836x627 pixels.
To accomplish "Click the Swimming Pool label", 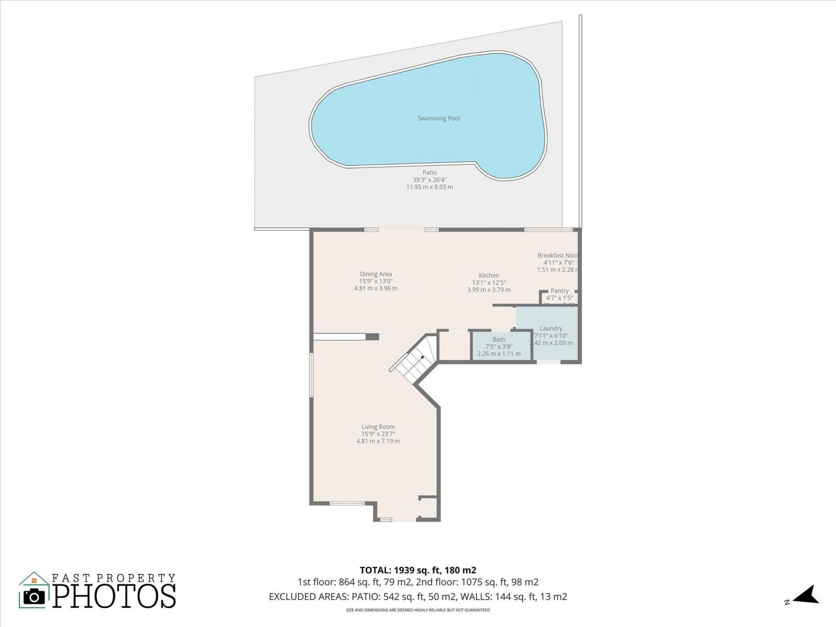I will pyautogui.click(x=438, y=118).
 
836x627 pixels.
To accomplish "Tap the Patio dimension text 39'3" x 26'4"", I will pyautogui.click(x=429, y=180).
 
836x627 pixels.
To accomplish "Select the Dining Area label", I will pyautogui.click(x=376, y=274).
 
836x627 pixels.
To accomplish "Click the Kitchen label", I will pyautogui.click(x=489, y=276).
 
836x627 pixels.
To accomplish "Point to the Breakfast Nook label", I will pyautogui.click(x=557, y=256).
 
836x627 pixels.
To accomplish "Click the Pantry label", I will pyautogui.click(x=560, y=291).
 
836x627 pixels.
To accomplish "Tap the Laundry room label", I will pyautogui.click(x=551, y=329).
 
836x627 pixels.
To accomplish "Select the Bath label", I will pyautogui.click(x=499, y=340).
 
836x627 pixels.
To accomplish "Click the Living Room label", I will pyautogui.click(x=378, y=427).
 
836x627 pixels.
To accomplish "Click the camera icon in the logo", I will pyautogui.click(x=34, y=597).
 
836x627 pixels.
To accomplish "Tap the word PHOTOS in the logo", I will pyautogui.click(x=115, y=597).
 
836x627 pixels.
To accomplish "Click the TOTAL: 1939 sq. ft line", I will pyautogui.click(x=418, y=570).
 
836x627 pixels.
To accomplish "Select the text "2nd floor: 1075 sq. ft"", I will pyautogui.click(x=477, y=582).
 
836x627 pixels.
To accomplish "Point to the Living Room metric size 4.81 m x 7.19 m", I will pyautogui.click(x=378, y=441).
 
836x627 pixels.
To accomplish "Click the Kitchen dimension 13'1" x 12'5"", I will pyautogui.click(x=489, y=283).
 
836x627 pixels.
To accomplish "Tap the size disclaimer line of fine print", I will pyautogui.click(x=418, y=610).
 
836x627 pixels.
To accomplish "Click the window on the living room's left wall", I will pyautogui.click(x=311, y=375).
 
